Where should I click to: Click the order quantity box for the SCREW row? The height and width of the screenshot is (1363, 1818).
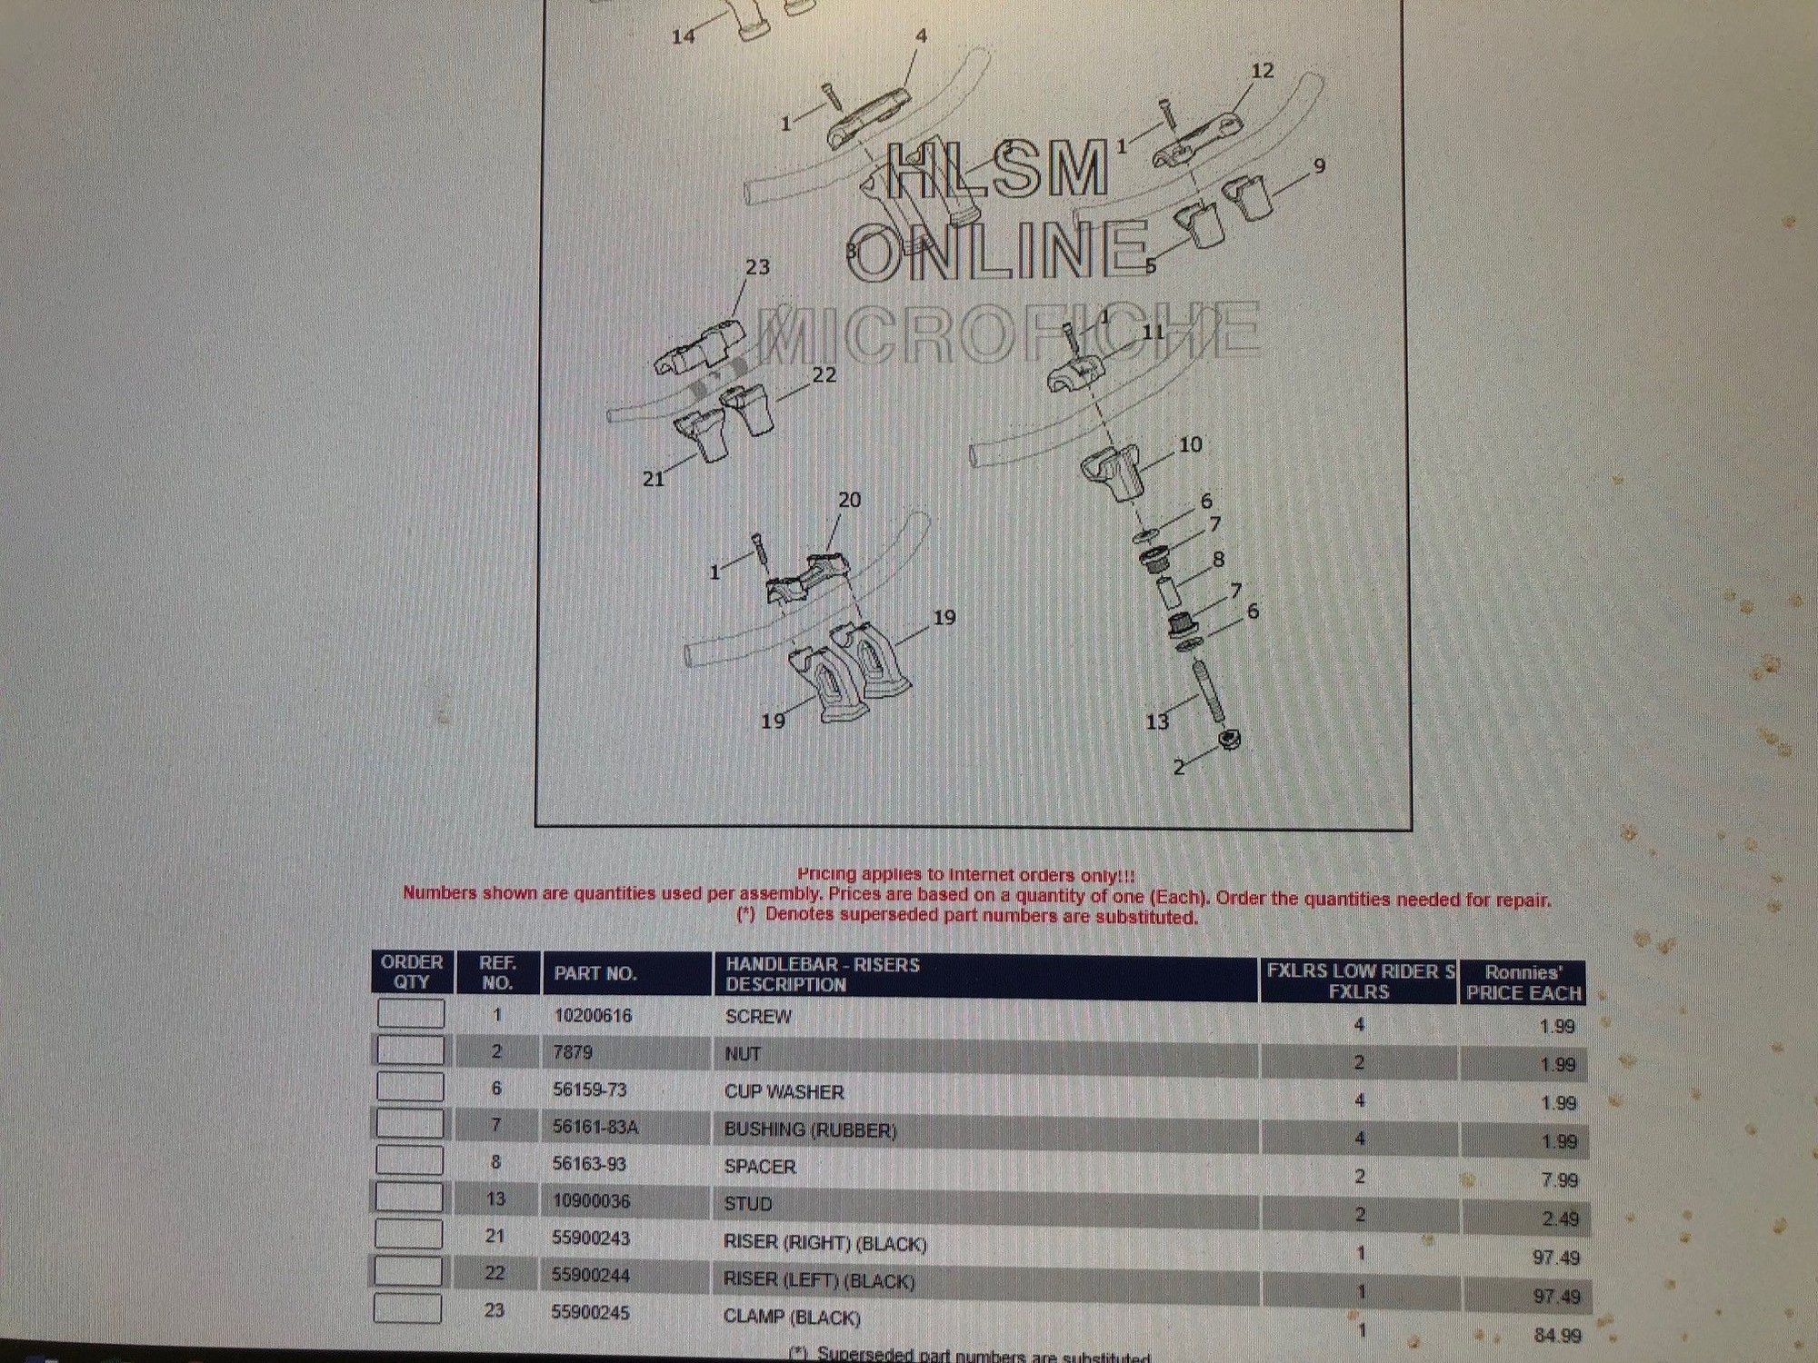pyautogui.click(x=410, y=1013)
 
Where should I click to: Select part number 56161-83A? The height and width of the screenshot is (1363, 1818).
pyautogui.click(x=595, y=1127)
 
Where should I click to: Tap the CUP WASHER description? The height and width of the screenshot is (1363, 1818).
pyautogui.click(x=784, y=1091)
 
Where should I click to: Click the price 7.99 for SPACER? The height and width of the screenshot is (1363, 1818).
pyautogui.click(x=1560, y=1179)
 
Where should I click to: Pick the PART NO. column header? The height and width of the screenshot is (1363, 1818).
pyautogui.click(x=595, y=973)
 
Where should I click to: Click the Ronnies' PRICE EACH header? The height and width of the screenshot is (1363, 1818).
pyautogui.click(x=1523, y=982)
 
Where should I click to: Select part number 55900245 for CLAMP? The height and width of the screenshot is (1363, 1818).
pyautogui.click(x=590, y=1312)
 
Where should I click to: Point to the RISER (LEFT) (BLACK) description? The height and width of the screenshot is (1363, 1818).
pyautogui.click(x=818, y=1280)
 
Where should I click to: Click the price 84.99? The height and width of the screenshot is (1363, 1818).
pyautogui.click(x=1557, y=1335)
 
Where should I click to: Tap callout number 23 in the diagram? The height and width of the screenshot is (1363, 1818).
pyautogui.click(x=757, y=267)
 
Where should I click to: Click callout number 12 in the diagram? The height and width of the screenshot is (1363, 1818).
pyautogui.click(x=1263, y=70)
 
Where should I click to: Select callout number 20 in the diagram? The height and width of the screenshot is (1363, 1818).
pyautogui.click(x=849, y=500)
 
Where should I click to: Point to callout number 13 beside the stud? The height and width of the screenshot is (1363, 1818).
pyautogui.click(x=1156, y=721)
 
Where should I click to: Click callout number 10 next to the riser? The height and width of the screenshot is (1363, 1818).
pyautogui.click(x=1190, y=444)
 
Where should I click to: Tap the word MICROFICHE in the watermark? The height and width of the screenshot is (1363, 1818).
pyautogui.click(x=1009, y=333)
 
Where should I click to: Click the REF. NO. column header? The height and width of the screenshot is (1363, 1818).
pyautogui.click(x=497, y=972)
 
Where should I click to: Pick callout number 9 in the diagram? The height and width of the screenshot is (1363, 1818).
pyautogui.click(x=1319, y=166)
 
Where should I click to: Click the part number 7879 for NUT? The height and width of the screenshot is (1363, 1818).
pyautogui.click(x=573, y=1052)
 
